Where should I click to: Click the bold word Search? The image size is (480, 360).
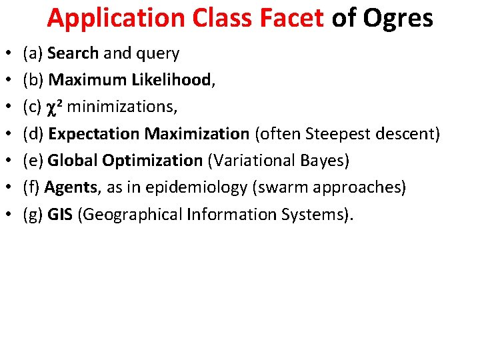click(74, 53)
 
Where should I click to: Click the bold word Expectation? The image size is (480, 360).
click(94, 134)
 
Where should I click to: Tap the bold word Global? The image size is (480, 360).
click(71, 161)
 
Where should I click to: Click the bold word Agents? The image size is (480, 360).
click(71, 188)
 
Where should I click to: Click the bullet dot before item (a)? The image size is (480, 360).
click(7, 53)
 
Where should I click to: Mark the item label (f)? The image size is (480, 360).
click(31, 187)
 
